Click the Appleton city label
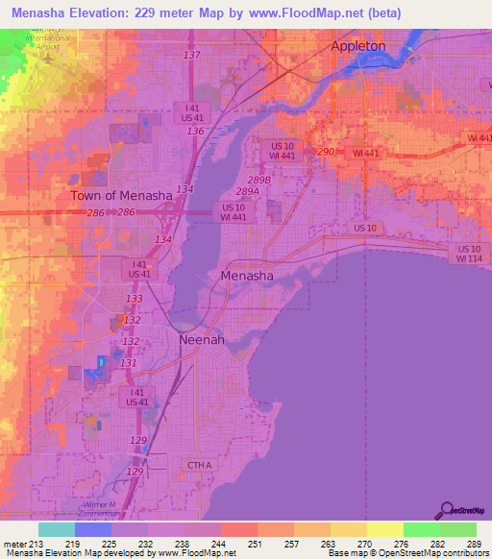[x=357, y=45]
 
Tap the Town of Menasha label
[x=121, y=195]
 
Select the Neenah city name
[x=200, y=340]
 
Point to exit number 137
[x=191, y=55]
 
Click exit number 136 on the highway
[x=195, y=131]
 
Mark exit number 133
[x=135, y=299]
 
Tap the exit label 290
[x=325, y=152]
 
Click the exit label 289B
[x=258, y=180]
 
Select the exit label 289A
[x=248, y=191]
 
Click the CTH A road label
[x=196, y=465]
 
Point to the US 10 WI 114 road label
[x=468, y=253]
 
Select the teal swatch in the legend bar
[x=57, y=529]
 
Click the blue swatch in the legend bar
[x=93, y=529]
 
